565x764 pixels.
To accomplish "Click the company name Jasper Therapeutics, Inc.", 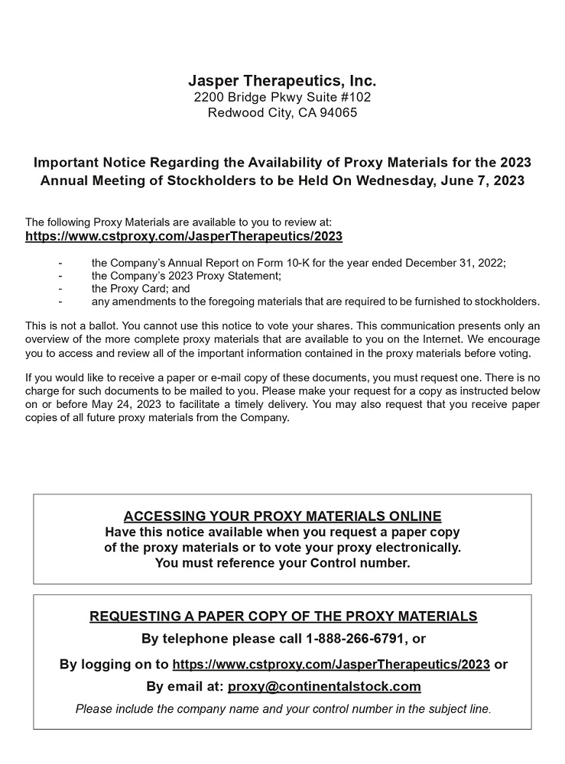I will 282,81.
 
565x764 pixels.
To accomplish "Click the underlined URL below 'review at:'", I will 183,236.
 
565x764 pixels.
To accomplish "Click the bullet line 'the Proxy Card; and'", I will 140,289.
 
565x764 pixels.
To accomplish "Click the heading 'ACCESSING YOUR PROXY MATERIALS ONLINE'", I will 282,516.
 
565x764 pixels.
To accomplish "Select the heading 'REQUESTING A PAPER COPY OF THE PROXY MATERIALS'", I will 283,617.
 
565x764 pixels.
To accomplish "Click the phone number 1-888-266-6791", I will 357,639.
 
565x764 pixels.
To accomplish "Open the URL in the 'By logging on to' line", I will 331,664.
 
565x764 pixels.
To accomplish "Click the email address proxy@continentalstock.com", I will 324,686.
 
